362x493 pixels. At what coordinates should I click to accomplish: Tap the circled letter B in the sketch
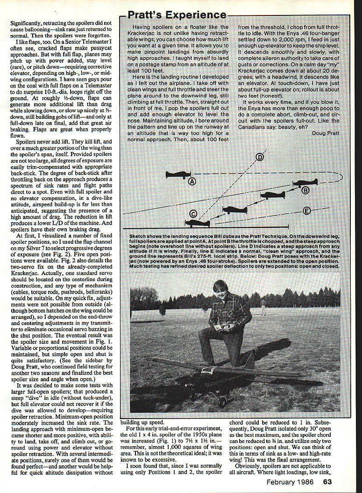coord(305,190)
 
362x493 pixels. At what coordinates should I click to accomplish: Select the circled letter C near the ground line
coord(193,213)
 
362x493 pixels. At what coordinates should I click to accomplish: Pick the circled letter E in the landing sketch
coord(306,211)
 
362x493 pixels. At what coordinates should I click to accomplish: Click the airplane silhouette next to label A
coord(178,175)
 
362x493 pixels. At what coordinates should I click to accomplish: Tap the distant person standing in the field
coord(263,307)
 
